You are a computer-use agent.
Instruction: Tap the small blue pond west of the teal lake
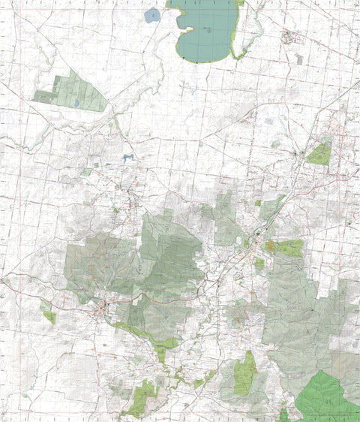point(152,14)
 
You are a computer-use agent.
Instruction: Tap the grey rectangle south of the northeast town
point(299,57)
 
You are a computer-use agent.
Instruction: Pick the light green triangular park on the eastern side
point(320,155)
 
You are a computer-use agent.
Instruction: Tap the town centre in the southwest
point(103,308)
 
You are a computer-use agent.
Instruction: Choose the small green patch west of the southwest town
point(49,316)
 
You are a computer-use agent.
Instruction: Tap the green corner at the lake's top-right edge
point(238,3)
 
